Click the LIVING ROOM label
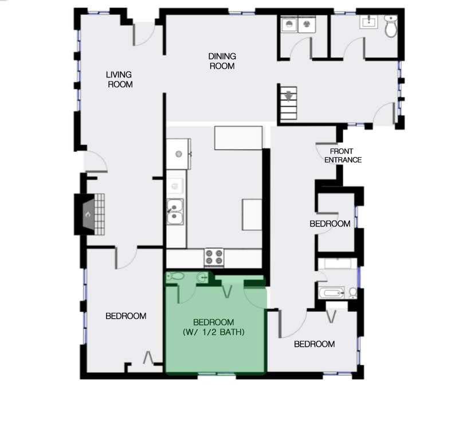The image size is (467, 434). pos(119,79)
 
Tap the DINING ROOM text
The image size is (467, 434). pos(222,61)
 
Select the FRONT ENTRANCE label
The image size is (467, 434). pos(343,155)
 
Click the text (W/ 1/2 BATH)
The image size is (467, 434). pos(218,331)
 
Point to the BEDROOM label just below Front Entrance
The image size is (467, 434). pos(329,224)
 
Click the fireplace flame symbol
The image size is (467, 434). pos(88,215)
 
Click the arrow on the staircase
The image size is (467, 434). pos(288,95)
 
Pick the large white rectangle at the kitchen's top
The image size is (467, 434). pos(238,138)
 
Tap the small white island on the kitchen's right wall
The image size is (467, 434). pos(252,214)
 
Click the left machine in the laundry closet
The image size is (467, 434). pos(289,25)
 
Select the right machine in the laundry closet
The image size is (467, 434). pos(307,25)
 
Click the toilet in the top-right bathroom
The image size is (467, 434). pos(391,26)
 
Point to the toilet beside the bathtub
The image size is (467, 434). pos(352,293)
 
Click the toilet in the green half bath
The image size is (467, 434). pos(176,277)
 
